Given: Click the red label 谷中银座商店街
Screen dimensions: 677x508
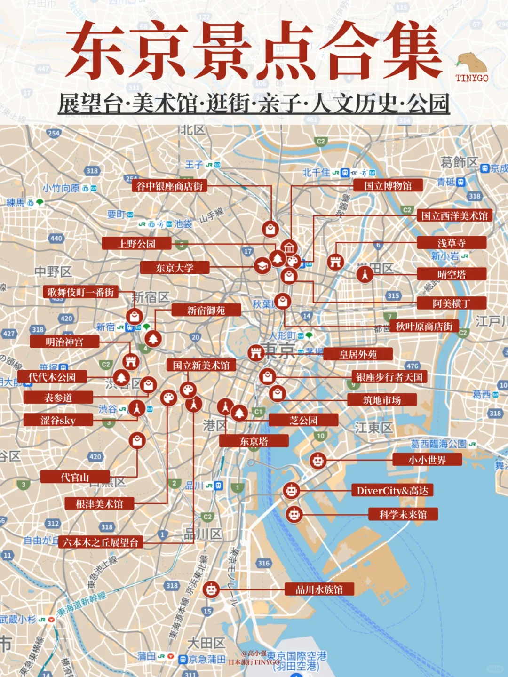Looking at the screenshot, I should (169, 186).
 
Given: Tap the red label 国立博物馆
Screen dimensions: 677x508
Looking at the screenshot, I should (388, 185).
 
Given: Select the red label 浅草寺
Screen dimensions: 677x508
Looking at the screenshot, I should (451, 243).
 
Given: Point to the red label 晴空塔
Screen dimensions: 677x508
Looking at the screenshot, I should (451, 274).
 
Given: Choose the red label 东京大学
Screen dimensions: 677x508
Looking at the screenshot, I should (175, 268).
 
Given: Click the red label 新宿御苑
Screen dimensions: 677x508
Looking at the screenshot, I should (206, 310).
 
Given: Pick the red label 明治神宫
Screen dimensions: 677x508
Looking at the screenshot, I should (64, 342).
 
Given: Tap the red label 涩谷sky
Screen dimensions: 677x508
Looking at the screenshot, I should (58, 420).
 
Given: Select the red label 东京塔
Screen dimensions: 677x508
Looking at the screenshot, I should (254, 441).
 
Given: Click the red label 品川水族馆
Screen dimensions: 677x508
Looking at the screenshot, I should (319, 589).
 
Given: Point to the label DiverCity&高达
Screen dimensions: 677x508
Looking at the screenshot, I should (392, 491).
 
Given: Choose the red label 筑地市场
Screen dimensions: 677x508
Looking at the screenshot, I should (382, 400).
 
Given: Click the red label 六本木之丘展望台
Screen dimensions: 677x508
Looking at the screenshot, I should (101, 542).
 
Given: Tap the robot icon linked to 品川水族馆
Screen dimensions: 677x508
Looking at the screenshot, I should (211, 589).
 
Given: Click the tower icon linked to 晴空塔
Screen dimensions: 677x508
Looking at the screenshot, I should (365, 273).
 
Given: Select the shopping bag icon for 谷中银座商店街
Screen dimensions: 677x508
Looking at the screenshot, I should (270, 229).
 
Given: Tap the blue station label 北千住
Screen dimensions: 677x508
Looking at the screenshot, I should (316, 173).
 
